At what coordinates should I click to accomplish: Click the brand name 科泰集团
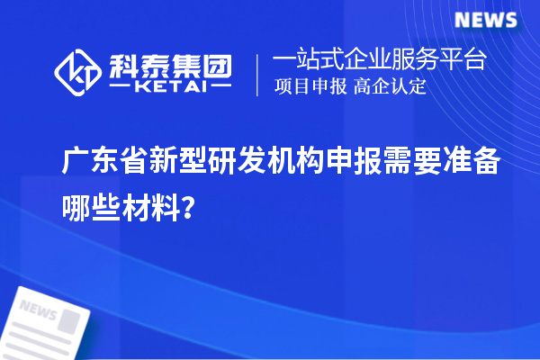pyautogui.click(x=171, y=63)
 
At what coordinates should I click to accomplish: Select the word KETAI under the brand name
pyautogui.click(x=170, y=86)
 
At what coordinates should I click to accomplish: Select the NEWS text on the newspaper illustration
pyautogui.click(x=39, y=309)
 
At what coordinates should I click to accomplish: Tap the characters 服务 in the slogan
pyautogui.click(x=418, y=60)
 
